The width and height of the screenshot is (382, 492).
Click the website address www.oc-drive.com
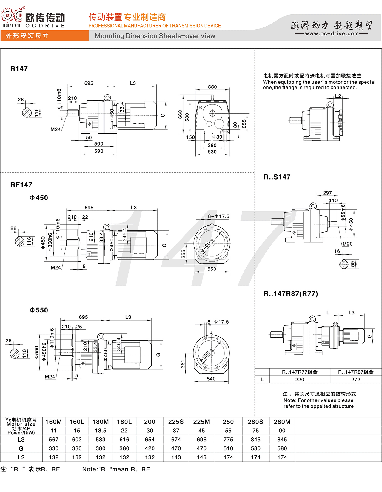click(x=332, y=34)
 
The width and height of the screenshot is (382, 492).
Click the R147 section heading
click(x=19, y=69)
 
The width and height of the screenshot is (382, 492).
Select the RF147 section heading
click(x=21, y=185)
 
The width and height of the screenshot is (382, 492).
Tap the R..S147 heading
click(x=277, y=177)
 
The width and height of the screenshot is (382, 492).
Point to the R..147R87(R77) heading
click(x=291, y=294)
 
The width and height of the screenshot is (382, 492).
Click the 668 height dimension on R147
click(x=180, y=115)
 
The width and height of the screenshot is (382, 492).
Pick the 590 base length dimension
click(x=98, y=151)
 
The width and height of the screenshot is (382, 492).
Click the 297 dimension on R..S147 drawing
click(x=327, y=193)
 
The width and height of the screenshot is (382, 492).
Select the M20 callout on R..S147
click(x=347, y=244)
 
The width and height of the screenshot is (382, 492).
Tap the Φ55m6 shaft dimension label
click(x=343, y=213)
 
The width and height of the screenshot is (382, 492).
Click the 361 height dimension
click(x=183, y=364)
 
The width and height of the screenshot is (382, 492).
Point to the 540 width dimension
click(x=211, y=379)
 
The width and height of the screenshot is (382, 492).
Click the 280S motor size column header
click(x=255, y=422)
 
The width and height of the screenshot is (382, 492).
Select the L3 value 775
click(x=228, y=440)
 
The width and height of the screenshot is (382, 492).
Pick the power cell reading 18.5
click(x=101, y=431)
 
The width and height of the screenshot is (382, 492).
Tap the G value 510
click(x=228, y=448)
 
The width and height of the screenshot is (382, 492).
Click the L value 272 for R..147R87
click(x=356, y=380)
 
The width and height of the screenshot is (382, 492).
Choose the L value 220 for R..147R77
click(x=300, y=380)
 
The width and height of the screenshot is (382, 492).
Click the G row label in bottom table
click(x=21, y=448)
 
